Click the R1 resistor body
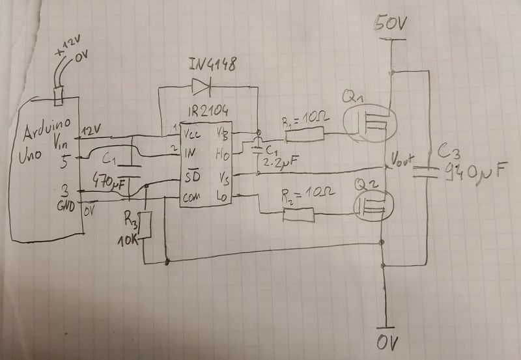[x=305, y=135]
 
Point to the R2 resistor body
[x=300, y=214]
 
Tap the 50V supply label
[x=391, y=25]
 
